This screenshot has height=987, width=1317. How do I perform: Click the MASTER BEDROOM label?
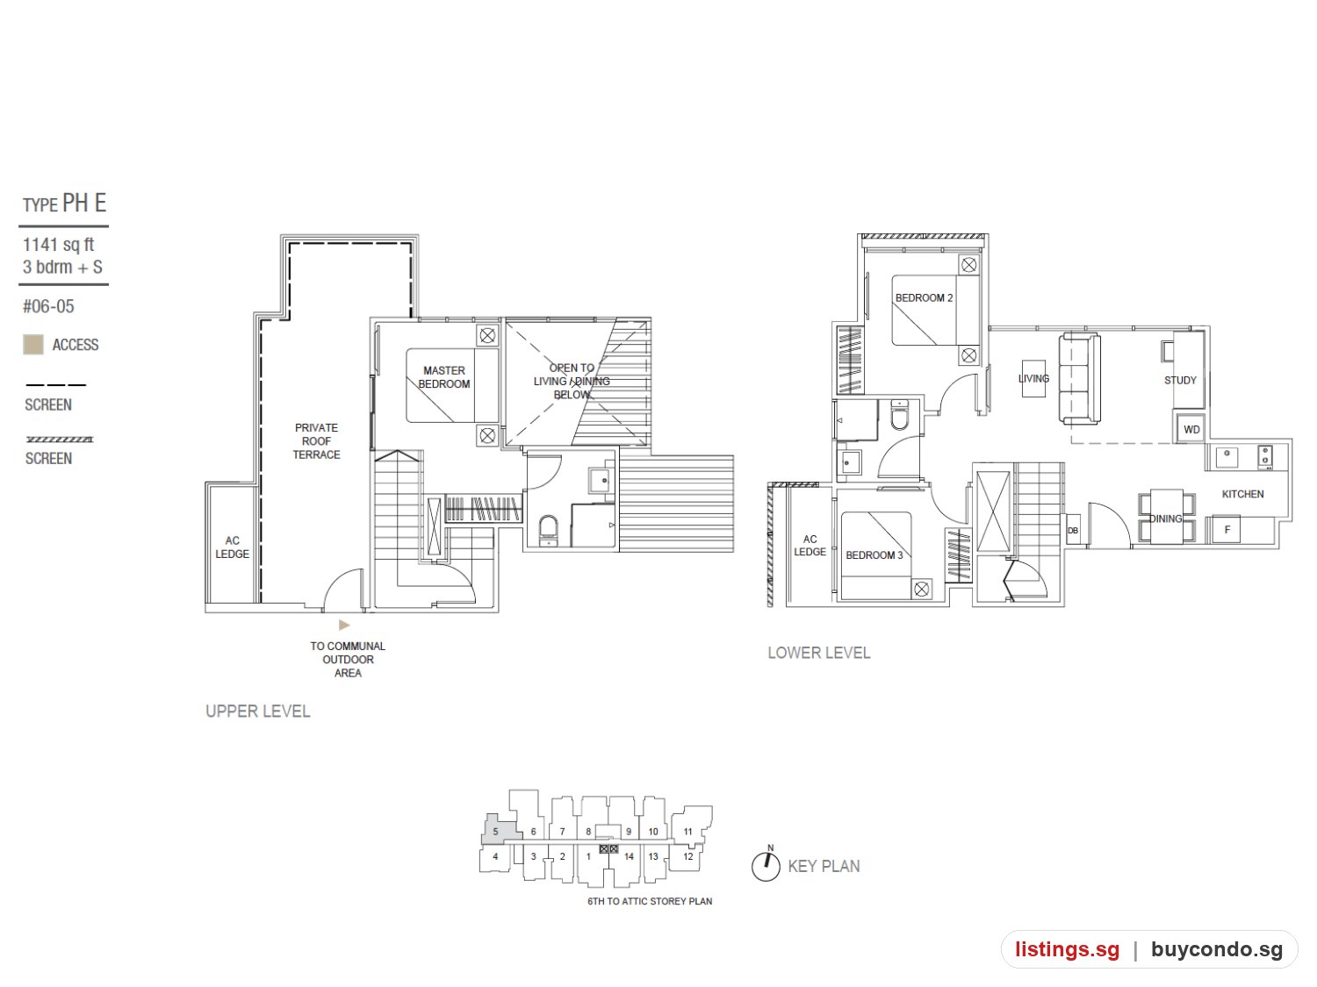pyautogui.click(x=443, y=377)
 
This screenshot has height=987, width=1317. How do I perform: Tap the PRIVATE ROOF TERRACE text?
pyautogui.click(x=316, y=441)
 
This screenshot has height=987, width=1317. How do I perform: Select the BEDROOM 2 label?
pyautogui.click(x=924, y=297)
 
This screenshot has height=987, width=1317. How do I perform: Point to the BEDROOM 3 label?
pyautogui.click(x=874, y=555)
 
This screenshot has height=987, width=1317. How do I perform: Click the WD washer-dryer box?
pyautogui.click(x=1191, y=429)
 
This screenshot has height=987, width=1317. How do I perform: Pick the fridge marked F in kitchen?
pyautogui.click(x=1227, y=530)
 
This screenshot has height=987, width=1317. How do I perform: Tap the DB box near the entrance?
pyautogui.click(x=1073, y=531)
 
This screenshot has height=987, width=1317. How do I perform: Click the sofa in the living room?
pyautogui.click(x=1079, y=379)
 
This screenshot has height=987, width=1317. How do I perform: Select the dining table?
pyautogui.click(x=1166, y=517)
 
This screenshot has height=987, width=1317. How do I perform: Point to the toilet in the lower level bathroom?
pyautogui.click(x=899, y=415)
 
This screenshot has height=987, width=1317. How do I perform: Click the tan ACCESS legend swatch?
pyautogui.click(x=33, y=345)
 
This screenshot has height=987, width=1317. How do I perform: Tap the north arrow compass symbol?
pyautogui.click(x=766, y=865)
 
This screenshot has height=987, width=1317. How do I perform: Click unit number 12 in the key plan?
pyautogui.click(x=687, y=856)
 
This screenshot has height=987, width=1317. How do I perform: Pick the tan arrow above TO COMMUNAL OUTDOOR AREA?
pyautogui.click(x=344, y=625)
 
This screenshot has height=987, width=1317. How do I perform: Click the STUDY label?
pyautogui.click(x=1180, y=380)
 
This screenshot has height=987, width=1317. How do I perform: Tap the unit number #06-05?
pyautogui.click(x=48, y=306)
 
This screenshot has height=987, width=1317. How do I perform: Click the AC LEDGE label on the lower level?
pyautogui.click(x=810, y=546)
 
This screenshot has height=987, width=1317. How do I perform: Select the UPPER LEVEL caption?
pyautogui.click(x=258, y=712)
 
